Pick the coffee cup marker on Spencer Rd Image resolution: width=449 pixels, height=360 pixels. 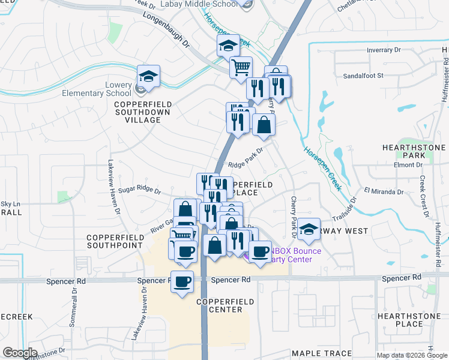pyautogui.click(x=182, y=281)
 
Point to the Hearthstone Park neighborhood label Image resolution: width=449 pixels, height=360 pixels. pyautogui.click(x=411, y=151)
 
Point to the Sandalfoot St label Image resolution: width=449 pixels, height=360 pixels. pyautogui.click(x=363, y=76)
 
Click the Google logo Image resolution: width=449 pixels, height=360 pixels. pyautogui.click(x=20, y=353)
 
